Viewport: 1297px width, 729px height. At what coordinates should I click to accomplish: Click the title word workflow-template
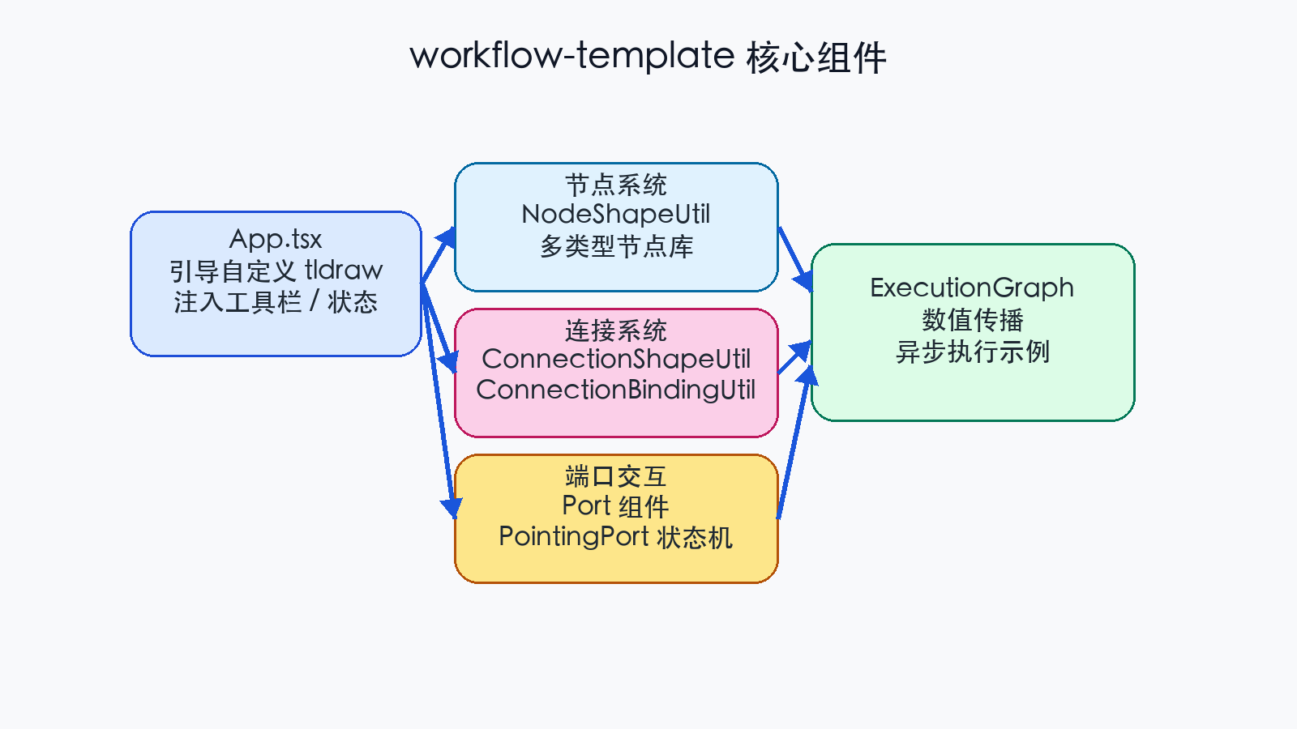coord(571,57)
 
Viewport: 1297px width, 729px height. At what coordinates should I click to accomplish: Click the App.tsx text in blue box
coord(276,239)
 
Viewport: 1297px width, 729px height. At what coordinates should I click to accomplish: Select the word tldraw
coord(344,270)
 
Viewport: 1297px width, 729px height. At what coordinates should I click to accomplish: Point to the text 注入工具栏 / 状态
coord(276,302)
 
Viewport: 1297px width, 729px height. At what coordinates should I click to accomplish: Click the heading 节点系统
coord(616,185)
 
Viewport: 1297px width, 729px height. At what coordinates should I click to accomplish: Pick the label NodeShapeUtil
coord(616,215)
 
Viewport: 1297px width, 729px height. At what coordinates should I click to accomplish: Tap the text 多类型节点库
coord(616,246)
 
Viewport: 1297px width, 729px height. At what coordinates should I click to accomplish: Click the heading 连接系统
coord(616,330)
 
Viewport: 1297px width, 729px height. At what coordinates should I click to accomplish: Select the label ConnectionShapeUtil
coord(616,359)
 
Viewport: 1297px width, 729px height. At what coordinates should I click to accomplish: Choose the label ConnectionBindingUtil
coord(616,390)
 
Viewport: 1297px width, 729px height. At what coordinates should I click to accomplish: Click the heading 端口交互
coord(616,476)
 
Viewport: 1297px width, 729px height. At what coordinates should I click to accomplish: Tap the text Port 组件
coord(616,506)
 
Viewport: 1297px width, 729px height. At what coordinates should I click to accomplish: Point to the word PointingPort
coord(574,536)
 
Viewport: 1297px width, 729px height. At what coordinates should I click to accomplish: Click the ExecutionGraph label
coord(972,288)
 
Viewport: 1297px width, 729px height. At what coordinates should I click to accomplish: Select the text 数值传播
coord(972,320)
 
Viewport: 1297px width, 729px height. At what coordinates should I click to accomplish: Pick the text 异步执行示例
coord(972,352)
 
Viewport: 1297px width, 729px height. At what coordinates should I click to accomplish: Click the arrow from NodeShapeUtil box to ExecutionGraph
coord(793,255)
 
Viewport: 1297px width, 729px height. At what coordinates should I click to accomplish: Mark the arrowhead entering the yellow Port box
coord(452,508)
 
